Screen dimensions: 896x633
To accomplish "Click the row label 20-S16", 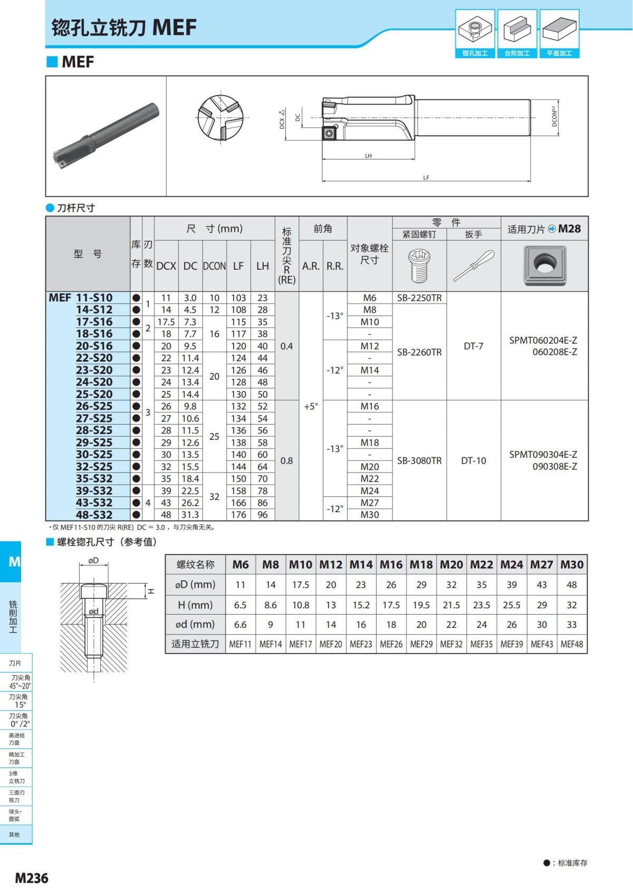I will pos(94,346).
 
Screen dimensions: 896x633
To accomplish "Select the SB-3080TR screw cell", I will pos(419,460).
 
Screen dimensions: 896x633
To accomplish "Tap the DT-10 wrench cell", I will pos(473,460).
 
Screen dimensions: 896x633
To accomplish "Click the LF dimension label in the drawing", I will pos(426,178).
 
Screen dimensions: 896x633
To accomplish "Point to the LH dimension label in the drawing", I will pos(368,156).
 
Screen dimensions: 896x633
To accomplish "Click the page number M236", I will pos(32,878).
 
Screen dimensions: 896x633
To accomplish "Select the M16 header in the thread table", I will pos(391,564).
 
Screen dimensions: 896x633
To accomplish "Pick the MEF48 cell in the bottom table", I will pos(572,644).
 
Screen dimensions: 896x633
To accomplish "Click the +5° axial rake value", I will pos(311,407).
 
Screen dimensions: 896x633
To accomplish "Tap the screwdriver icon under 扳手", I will pos(473,266).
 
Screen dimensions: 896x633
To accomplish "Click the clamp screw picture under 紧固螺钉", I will pos(419,266).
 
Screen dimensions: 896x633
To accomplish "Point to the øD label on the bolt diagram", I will pos(93,560).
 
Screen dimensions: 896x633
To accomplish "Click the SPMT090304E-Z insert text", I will pos(543,455).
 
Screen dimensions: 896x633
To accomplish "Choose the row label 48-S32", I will pos(94,515).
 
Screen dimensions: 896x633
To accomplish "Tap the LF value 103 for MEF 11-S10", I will pos(238,298).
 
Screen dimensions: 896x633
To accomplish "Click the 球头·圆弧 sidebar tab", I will pos(15,815).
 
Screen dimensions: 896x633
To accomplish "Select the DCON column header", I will pos(214,266).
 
